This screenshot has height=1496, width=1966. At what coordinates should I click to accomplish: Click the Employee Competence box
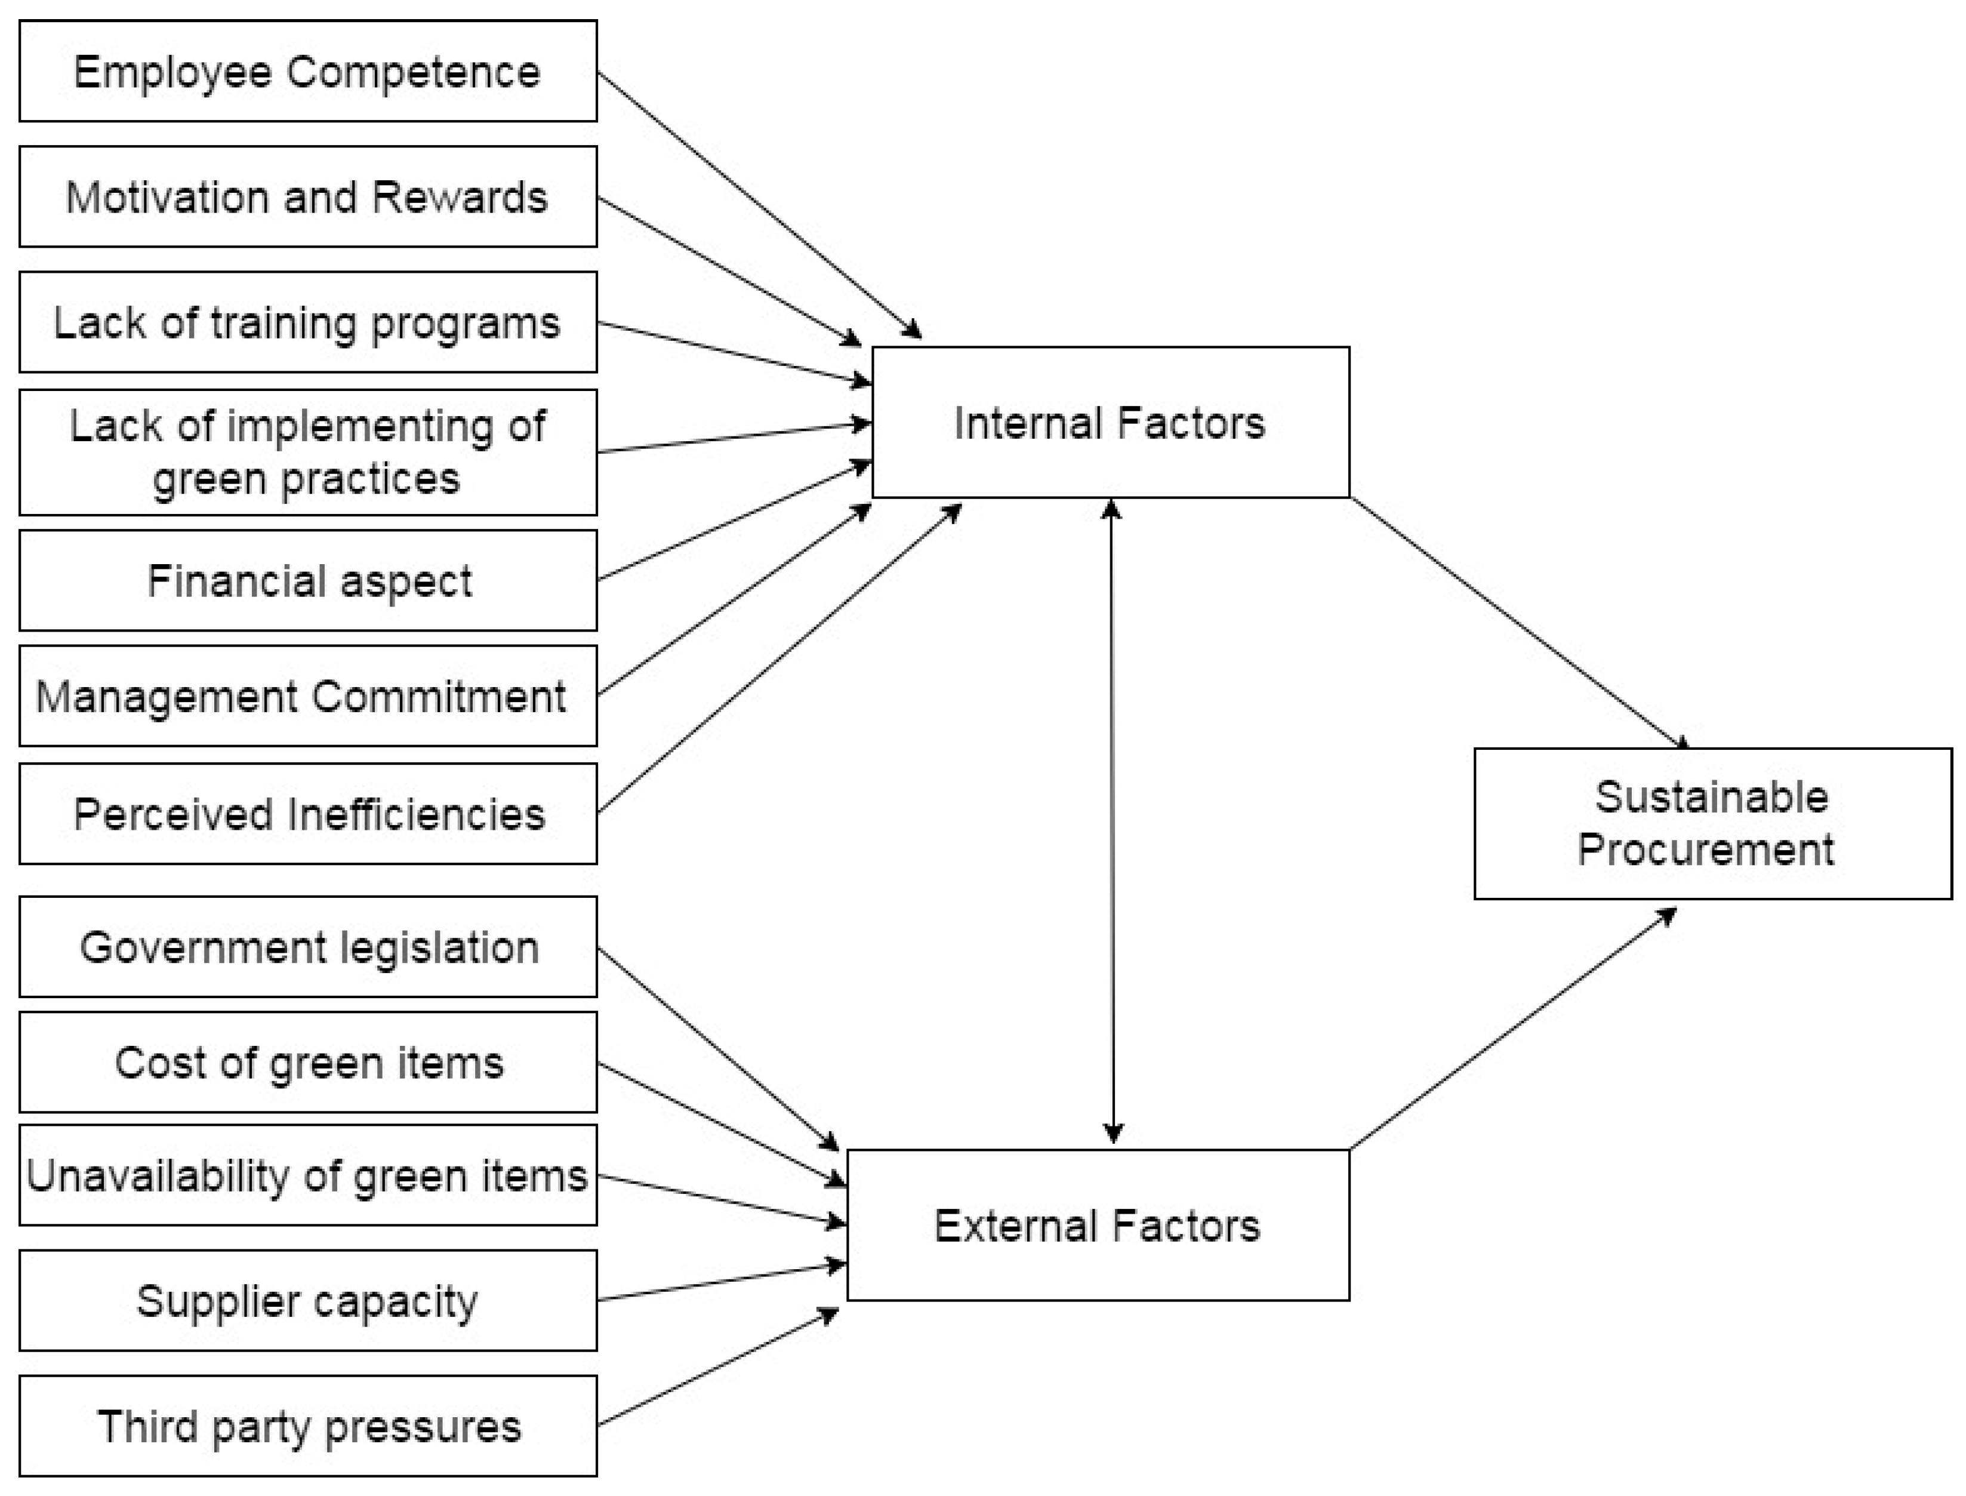[x=307, y=71]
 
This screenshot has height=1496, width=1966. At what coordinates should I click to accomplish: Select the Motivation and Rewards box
[x=307, y=197]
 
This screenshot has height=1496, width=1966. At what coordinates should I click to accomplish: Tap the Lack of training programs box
[x=307, y=322]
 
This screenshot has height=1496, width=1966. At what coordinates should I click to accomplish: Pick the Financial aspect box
[x=307, y=581]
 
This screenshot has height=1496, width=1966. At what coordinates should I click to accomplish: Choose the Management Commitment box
[x=307, y=696]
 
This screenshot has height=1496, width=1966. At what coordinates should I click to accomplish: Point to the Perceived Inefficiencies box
[x=307, y=814]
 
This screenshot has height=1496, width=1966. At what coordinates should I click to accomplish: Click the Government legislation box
[x=307, y=947]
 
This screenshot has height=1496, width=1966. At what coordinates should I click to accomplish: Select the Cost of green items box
[x=307, y=1063]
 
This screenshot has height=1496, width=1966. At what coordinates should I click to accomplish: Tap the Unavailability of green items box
[x=307, y=1175]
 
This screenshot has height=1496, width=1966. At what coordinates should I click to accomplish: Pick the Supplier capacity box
[x=307, y=1301]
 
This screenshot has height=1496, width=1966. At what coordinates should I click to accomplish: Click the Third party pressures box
[x=307, y=1427]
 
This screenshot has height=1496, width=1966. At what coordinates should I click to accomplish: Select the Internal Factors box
[x=1110, y=422]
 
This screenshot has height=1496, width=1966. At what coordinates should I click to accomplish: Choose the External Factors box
[x=1097, y=1226]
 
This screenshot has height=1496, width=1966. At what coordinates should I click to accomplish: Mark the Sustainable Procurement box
[x=1712, y=824]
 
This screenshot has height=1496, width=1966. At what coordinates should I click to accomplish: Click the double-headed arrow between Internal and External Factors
[x=1112, y=819]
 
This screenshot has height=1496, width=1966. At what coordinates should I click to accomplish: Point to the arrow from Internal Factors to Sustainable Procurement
[x=1518, y=623]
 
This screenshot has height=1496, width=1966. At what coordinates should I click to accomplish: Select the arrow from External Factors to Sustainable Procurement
[x=1514, y=1029]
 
